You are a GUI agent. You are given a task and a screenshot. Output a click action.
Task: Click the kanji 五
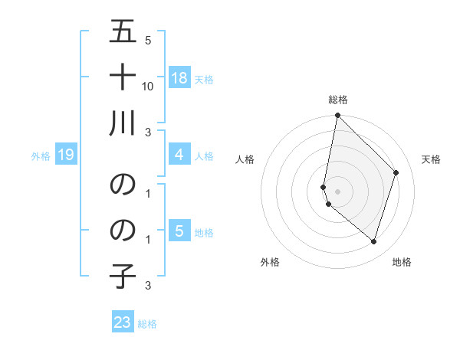pos(123,32)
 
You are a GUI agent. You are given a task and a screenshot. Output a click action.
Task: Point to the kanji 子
pos(123,273)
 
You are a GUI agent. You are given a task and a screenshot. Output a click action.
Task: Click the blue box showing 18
pos(179,78)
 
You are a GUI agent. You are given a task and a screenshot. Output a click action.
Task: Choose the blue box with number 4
pos(179,155)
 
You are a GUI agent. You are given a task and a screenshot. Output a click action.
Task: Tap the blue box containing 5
pos(179,231)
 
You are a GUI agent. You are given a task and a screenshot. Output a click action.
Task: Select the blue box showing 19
pos(65,155)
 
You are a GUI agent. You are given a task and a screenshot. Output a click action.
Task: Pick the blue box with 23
pos(123,322)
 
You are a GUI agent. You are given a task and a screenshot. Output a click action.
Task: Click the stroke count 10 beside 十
pos(148,87)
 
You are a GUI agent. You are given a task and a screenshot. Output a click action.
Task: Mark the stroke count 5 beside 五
pos(148,41)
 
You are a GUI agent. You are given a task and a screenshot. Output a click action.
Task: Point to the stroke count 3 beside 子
pos(148,286)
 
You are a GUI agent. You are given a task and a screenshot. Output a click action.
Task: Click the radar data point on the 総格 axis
pos(337,116)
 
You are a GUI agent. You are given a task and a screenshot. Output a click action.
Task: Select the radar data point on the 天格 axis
pos(396,172)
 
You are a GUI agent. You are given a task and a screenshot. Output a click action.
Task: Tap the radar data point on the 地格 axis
pos(374,242)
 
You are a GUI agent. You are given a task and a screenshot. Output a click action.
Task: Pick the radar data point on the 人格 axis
pos(324,187)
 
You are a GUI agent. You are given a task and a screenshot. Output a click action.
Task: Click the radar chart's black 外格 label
pos(270,262)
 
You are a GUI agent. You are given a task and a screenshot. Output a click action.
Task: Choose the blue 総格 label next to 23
pos(147,324)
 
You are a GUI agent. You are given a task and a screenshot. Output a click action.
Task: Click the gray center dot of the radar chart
pos(337,191)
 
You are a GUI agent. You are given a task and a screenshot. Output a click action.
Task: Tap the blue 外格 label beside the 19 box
pos(41,156)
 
